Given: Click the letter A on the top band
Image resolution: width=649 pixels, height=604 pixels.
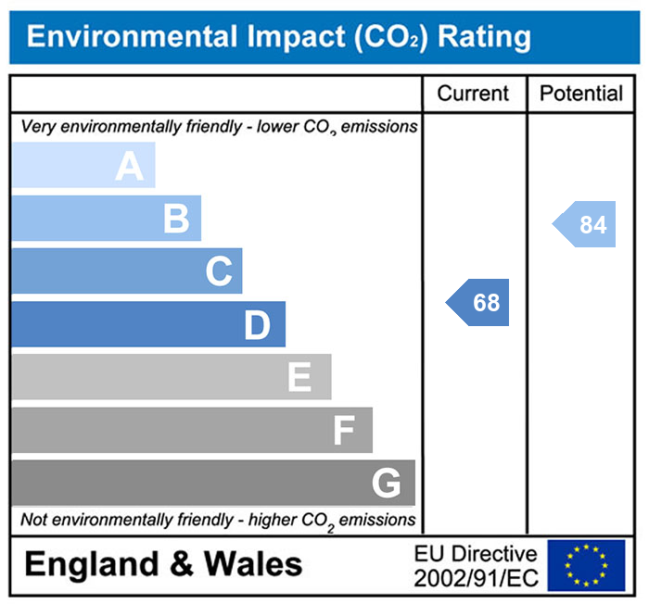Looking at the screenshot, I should coord(129,167).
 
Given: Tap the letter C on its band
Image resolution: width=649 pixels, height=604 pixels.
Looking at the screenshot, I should coord(218,272).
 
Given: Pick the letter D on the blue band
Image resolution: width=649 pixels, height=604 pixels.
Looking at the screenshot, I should coord(257,325).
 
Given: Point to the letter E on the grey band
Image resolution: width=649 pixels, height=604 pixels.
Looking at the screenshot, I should coord(299,378).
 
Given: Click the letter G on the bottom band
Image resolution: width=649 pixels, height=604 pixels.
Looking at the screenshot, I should coord(386,483).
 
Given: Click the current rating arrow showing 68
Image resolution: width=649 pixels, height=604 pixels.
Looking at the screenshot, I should coord(478,303).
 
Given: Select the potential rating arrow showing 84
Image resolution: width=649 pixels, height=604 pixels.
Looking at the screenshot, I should coord(585,225).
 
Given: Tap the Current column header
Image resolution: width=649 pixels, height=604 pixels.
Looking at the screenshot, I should coord(473,94).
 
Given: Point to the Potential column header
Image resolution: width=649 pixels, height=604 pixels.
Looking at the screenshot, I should coord(581,94).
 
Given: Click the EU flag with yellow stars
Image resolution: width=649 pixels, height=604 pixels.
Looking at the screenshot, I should coord(586,565).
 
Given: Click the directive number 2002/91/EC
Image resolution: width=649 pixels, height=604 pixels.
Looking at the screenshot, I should coord(476,578).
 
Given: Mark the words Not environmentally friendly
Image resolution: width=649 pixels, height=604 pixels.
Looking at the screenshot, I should coord(113,520).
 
